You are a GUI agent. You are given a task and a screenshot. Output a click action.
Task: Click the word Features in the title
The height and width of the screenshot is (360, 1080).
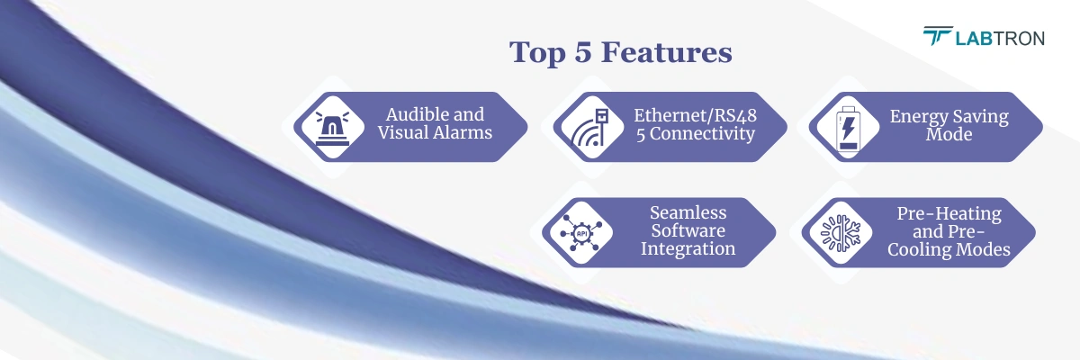(666, 53)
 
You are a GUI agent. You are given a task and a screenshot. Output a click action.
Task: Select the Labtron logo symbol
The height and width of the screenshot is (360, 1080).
(937, 36)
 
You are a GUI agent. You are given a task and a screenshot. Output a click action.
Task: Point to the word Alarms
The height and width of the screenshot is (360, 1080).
(464, 134)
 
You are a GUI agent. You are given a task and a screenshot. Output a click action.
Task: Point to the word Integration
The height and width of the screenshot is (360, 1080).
(688, 248)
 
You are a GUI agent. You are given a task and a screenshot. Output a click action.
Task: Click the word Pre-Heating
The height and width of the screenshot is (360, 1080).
(949, 213)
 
